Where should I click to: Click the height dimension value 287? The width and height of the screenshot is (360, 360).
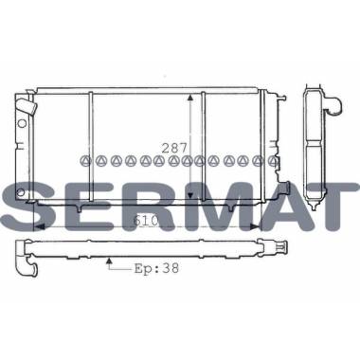[x=174, y=148]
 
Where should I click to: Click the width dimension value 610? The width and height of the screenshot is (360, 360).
[x=146, y=221]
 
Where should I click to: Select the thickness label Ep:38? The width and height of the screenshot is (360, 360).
[x=157, y=268]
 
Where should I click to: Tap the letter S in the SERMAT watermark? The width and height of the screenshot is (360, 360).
[x=30, y=207]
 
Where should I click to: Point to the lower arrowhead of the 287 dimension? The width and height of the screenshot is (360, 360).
[x=189, y=195]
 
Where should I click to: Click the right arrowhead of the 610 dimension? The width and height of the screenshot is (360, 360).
[x=255, y=226]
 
